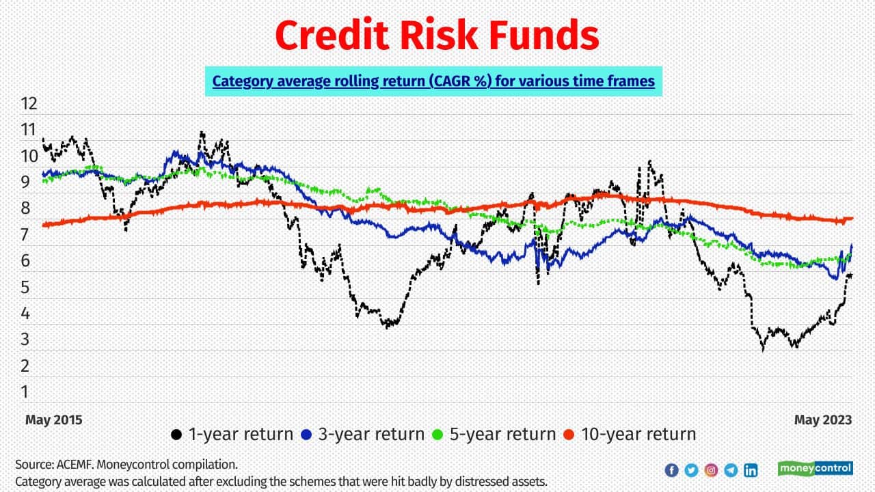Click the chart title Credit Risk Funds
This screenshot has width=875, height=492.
pos(437,35)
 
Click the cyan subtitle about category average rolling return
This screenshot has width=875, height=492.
pos(433,81)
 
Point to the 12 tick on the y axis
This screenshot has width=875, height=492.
pos(29,104)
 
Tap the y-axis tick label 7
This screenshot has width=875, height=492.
pos(25,235)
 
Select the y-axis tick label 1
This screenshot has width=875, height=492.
pos(25,392)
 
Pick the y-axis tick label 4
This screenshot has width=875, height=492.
pos(25,313)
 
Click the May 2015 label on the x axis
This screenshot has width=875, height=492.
pos(54,420)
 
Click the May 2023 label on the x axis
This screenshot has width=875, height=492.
pos(823,420)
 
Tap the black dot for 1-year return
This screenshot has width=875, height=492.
pos(176,435)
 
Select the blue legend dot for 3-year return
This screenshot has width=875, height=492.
pos(306,435)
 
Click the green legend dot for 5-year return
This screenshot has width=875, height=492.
pos(437,435)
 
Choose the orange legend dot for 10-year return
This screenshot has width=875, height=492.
pos(569,435)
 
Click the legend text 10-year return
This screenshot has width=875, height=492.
pos(638,434)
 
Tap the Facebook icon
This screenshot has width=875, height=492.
pos(671,470)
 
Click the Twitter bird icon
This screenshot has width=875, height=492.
pos(691,470)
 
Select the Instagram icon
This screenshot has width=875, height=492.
pos(711,470)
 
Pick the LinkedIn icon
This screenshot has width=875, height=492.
pos(751,470)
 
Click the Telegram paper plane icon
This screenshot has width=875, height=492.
pos(731,470)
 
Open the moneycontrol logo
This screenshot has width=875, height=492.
pos(816,468)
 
